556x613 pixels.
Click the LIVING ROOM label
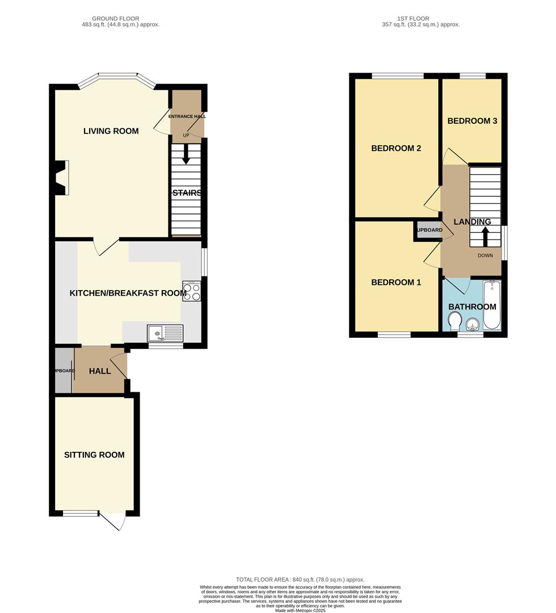[x=111, y=131]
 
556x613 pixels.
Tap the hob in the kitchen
[x=191, y=291]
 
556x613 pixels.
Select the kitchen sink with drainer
[x=165, y=332]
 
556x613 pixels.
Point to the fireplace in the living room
[x=61, y=177]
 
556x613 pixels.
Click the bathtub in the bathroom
[x=492, y=305]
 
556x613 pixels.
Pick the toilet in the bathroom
[x=454, y=323]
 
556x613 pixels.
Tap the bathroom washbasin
[x=472, y=324]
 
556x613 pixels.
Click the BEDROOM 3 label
[x=472, y=121]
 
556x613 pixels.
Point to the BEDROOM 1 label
[x=396, y=282]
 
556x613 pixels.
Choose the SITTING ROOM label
[x=94, y=455]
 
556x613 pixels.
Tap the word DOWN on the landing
[x=485, y=255]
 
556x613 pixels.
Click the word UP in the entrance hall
[x=186, y=135]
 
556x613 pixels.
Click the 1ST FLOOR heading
[x=421, y=19]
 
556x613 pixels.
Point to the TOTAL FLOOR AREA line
[x=300, y=580]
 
